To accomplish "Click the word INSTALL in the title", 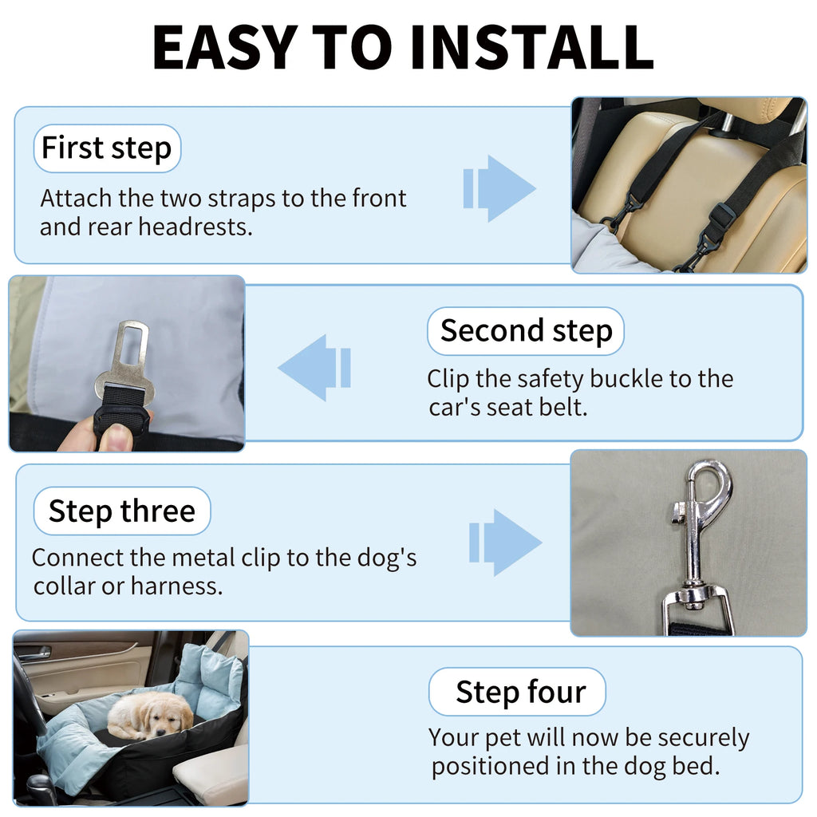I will click(533, 47).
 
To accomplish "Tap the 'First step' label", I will click(107, 148).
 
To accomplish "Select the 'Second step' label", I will click(526, 330).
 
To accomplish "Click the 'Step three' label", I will click(121, 511).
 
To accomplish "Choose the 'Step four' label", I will click(520, 692).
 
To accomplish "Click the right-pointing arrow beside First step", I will click(500, 188).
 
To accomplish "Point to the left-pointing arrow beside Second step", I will click(314, 368).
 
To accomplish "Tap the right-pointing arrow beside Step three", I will click(505, 543).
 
